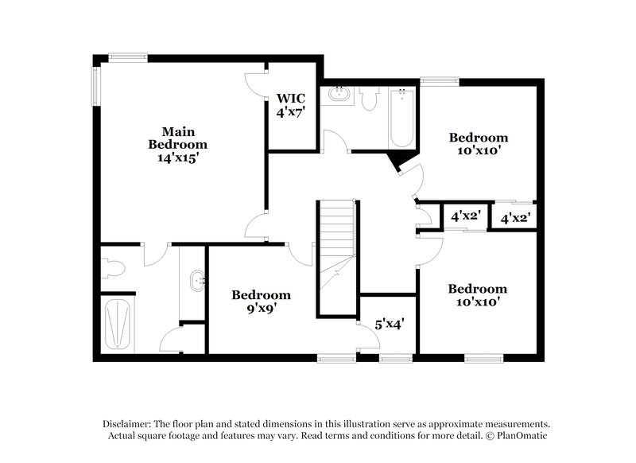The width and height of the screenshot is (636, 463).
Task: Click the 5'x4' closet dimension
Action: point(390,324)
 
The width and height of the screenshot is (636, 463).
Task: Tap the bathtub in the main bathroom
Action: point(118,324)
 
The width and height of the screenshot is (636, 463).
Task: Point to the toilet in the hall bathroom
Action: point(367,99)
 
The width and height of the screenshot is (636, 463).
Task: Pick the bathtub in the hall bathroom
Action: point(401,118)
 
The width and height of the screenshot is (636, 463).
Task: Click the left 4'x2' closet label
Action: point(464,216)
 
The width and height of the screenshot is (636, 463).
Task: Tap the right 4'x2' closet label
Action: point(515,216)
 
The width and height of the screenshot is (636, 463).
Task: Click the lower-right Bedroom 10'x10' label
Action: point(477,295)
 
